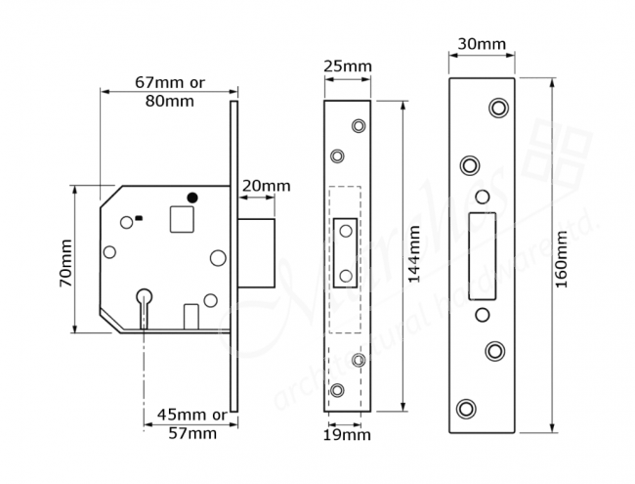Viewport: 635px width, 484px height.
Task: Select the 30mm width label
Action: coord(482,44)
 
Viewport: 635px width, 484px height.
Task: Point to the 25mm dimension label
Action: coord(347,66)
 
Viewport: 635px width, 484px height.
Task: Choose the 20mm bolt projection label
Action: coord(265,186)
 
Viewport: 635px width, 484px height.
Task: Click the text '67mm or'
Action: coord(169,82)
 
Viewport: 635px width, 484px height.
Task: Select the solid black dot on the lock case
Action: coord(192,198)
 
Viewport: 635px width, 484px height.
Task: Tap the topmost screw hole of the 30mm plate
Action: coord(499,106)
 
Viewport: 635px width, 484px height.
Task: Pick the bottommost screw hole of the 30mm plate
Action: coord(467,407)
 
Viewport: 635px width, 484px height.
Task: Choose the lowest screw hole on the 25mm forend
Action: coord(338,390)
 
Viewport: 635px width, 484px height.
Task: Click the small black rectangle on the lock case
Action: coord(140,217)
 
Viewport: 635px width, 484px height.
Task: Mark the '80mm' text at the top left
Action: coord(169,100)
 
